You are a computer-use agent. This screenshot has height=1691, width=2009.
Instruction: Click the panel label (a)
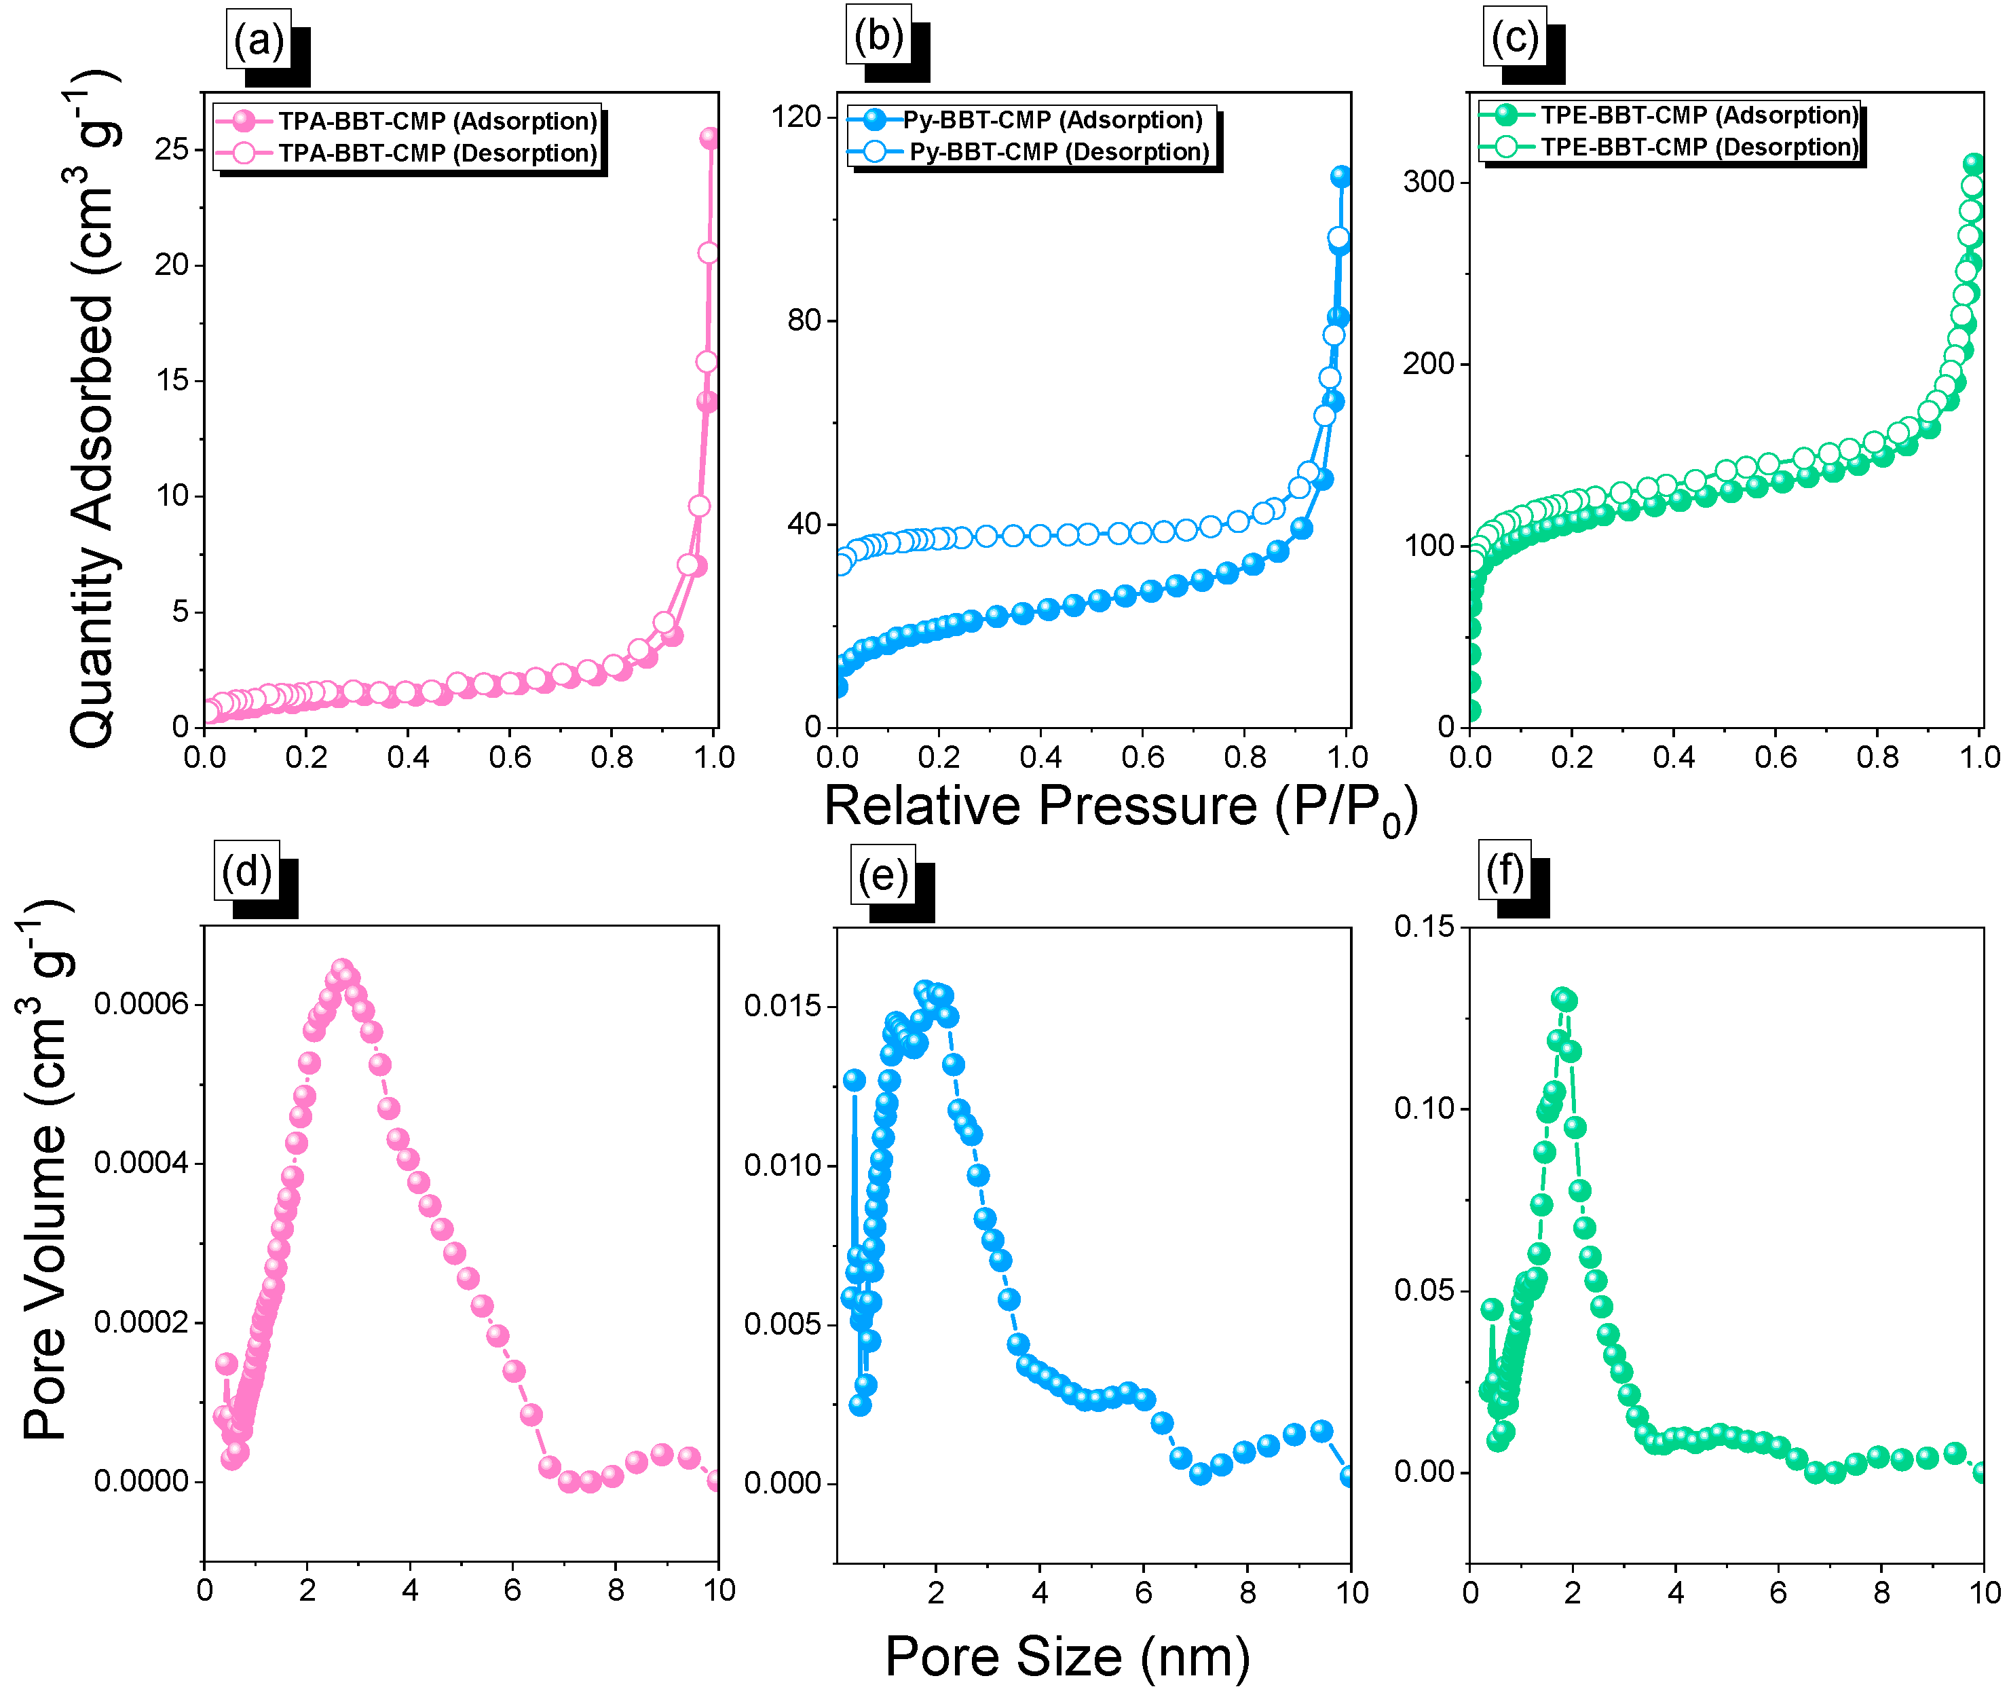258,40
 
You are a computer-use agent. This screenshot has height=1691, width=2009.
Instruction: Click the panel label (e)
882,875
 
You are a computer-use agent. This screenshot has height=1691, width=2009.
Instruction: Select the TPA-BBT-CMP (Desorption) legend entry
437,153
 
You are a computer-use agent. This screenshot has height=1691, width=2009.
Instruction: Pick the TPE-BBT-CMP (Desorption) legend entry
1698,147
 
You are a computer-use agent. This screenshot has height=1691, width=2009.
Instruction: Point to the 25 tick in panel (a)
172,149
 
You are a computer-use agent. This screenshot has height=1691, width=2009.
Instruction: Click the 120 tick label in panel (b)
797,117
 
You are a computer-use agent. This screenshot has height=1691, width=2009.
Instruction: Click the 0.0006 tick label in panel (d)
141,1004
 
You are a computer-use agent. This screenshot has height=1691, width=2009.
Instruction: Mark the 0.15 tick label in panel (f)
1423,927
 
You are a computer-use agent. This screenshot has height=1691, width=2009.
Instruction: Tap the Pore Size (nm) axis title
1067,1656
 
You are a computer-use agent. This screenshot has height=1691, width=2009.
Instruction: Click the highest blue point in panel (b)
1341,176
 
